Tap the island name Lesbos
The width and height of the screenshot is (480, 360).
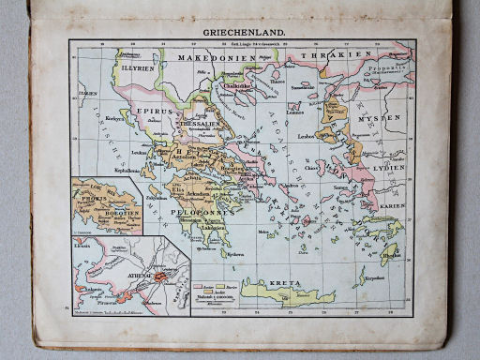(x=310, y=138)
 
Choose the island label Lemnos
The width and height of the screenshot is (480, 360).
(x=295, y=112)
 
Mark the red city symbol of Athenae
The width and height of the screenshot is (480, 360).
(x=161, y=275)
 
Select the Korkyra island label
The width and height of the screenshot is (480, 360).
(x=114, y=120)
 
